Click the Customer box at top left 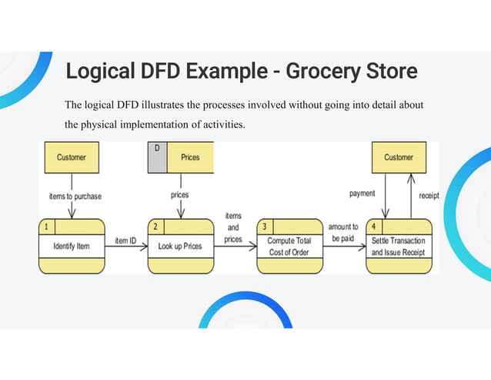tap(72, 157)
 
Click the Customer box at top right tap(399, 157)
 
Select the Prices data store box tap(189, 157)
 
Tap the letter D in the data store tap(156, 148)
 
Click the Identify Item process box tap(72, 247)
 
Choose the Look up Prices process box tap(180, 247)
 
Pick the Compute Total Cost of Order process tap(289, 247)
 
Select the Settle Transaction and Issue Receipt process tap(399, 247)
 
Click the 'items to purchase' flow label tap(75, 196)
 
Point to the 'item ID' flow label tap(125, 240)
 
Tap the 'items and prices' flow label tap(233, 228)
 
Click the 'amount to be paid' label tap(343, 233)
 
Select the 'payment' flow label tap(362, 194)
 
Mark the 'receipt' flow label tap(429, 196)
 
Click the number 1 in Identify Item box tap(46, 227)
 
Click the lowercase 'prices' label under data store tap(179, 195)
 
